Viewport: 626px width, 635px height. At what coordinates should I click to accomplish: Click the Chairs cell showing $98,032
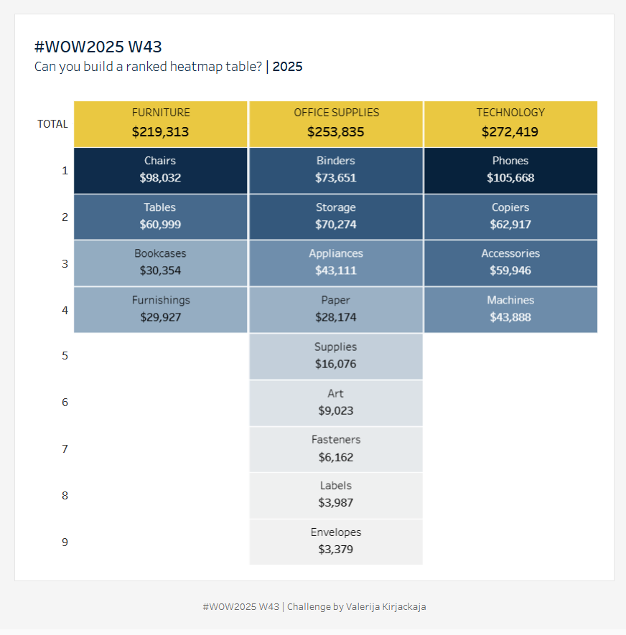160,170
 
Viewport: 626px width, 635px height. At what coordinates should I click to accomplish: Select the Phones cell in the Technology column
510,170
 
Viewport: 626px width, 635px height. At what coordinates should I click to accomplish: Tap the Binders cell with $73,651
335,170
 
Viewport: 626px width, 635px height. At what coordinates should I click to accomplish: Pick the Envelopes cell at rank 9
335,542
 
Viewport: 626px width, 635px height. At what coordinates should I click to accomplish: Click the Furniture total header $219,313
160,123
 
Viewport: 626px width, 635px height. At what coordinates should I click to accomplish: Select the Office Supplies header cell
335,123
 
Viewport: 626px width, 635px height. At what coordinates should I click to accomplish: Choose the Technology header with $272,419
510,123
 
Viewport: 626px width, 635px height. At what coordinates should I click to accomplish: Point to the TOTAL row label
52,124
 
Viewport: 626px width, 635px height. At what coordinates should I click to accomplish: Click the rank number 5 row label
65,356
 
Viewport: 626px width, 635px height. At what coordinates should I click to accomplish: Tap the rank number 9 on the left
65,542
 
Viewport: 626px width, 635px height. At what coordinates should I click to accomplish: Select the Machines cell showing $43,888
510,309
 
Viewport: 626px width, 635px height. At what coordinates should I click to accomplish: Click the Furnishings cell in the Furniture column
160,309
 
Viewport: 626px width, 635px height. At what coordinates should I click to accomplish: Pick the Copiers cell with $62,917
510,216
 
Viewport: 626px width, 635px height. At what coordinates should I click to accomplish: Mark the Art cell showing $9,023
335,403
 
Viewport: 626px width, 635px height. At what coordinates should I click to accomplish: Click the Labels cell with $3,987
335,495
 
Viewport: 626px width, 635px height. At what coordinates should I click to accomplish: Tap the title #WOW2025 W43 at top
98,47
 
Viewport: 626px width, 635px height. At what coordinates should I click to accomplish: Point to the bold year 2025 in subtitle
287,67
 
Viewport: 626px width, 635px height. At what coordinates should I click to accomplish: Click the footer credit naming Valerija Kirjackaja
314,607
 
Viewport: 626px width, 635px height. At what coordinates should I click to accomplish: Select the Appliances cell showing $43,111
335,263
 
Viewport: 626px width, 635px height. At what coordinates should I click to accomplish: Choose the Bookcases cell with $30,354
160,263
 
